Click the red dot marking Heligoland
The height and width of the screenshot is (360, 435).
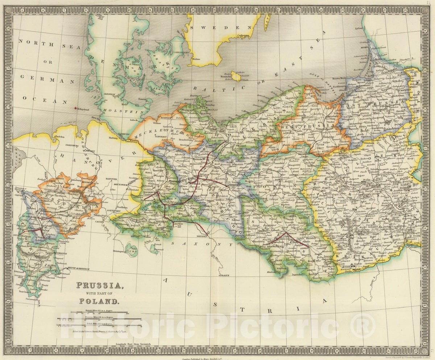(x=75, y=108)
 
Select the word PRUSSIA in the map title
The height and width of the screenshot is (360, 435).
(x=99, y=285)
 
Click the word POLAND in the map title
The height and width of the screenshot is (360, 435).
(x=99, y=301)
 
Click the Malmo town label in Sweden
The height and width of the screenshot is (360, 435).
(x=196, y=58)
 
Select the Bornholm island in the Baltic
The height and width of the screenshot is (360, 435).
(x=236, y=76)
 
